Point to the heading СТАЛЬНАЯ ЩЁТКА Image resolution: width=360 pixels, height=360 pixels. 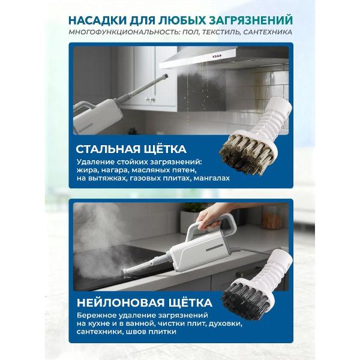click(131, 148)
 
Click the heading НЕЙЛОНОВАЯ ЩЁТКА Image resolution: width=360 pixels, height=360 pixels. click(144, 300)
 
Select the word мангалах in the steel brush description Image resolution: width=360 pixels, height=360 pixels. click(211, 179)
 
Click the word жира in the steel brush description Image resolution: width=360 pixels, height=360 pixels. click(86, 170)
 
